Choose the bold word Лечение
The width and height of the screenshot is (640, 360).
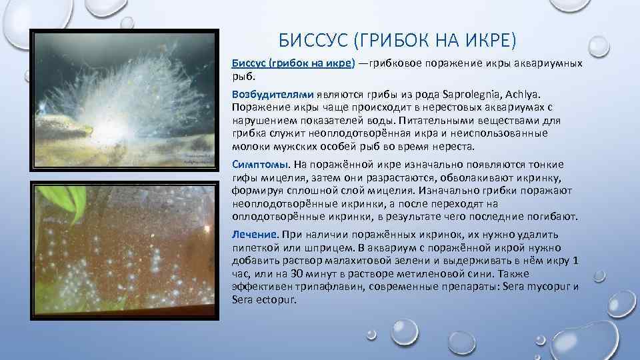click(x=254, y=235)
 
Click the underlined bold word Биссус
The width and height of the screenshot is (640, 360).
click(x=249, y=63)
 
